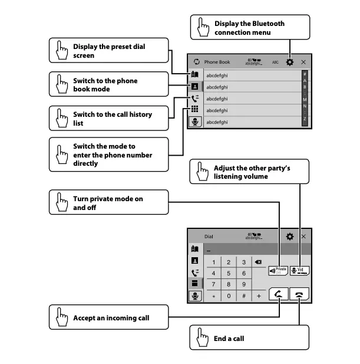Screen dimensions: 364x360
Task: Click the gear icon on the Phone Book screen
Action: click(289, 62)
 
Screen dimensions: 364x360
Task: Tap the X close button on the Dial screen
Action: click(303, 237)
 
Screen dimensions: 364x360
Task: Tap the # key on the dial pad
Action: click(243, 296)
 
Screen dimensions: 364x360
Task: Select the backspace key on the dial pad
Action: click(258, 262)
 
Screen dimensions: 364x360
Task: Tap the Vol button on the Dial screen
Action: click(299, 270)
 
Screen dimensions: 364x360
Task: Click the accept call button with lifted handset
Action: click(278, 296)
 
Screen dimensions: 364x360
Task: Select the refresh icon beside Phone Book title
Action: click(197, 62)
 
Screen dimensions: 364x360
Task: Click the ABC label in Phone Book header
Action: click(275, 62)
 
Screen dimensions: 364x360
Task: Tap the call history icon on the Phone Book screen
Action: click(195, 99)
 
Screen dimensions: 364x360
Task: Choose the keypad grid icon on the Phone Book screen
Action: click(195, 110)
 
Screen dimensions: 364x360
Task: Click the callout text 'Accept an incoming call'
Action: click(111, 318)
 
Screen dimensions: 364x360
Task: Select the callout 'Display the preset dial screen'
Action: click(109, 51)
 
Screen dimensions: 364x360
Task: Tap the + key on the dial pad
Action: click(258, 296)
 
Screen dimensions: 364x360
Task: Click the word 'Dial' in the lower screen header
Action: click(209, 237)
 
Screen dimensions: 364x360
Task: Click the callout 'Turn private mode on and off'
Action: click(108, 204)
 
